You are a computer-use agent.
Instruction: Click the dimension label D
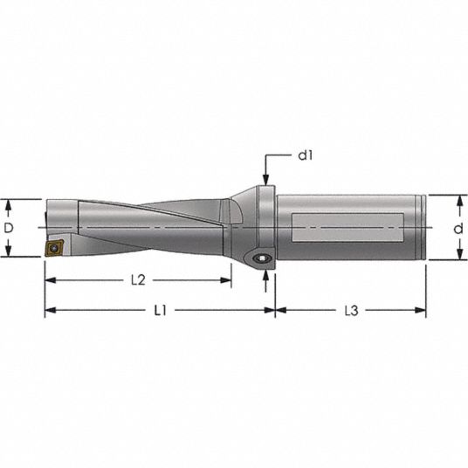coord(9,229)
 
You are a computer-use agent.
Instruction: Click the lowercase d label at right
coord(458,229)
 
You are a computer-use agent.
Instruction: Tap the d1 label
coord(306,155)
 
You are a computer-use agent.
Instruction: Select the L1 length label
coord(160,311)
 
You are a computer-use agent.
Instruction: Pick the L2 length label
coord(138,280)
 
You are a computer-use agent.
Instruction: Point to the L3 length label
coord(351,311)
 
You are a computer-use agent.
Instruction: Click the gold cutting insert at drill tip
coord(55,247)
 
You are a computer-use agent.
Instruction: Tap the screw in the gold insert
coord(54,247)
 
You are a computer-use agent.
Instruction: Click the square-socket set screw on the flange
coord(261,258)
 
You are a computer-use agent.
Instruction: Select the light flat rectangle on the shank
coord(348,227)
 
